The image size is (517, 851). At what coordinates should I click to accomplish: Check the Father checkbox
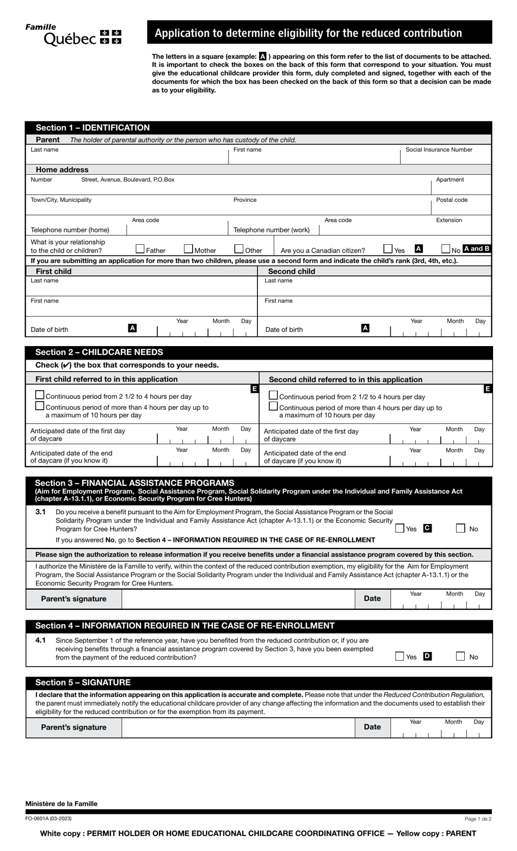point(140,249)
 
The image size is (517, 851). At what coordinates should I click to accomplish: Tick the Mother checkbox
point(188,249)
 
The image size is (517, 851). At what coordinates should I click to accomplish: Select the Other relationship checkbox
point(239,249)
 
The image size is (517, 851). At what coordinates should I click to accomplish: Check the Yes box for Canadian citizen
point(388,249)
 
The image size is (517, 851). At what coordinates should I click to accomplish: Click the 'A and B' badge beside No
point(476,249)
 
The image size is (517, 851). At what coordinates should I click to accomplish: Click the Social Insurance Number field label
point(439,150)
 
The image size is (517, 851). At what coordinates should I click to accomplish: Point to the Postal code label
point(452,200)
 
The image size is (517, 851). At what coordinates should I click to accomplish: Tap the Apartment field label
point(450,180)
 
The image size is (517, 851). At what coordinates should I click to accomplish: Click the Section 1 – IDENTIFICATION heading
point(93,128)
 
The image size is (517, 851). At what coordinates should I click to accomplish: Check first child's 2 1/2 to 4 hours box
point(40,395)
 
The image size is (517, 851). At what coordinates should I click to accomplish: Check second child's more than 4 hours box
point(274,406)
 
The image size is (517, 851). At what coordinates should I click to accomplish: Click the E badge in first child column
point(254,388)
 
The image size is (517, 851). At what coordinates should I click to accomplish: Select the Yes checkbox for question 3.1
point(400,528)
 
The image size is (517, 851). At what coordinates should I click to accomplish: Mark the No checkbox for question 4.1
point(460,656)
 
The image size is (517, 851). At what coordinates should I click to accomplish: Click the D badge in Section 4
point(427,656)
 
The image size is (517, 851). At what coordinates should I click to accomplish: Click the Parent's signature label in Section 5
point(74,727)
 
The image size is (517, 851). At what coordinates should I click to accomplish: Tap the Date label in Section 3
point(372,599)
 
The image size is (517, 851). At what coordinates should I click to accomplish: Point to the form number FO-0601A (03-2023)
point(48,818)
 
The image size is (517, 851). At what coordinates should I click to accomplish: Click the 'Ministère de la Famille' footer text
point(61,804)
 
